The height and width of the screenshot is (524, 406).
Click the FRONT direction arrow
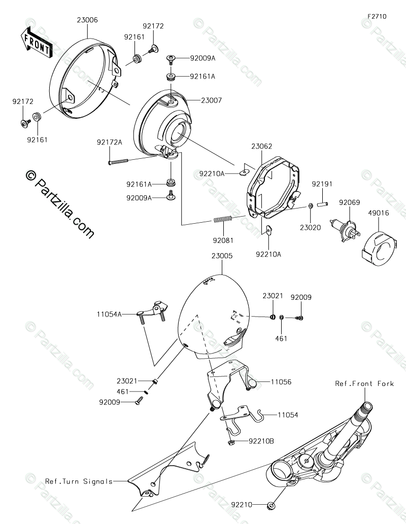pyautogui.click(x=36, y=41)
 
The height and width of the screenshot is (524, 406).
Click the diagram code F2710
pyautogui.click(x=377, y=16)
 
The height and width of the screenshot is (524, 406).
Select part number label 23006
pyautogui.click(x=88, y=20)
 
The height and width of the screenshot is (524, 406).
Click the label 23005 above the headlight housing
pyautogui.click(x=222, y=257)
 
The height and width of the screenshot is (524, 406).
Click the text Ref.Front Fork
pyautogui.click(x=364, y=383)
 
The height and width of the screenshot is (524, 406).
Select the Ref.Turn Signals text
pyautogui.click(x=79, y=481)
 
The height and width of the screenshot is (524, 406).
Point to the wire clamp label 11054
pyautogui.click(x=288, y=414)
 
